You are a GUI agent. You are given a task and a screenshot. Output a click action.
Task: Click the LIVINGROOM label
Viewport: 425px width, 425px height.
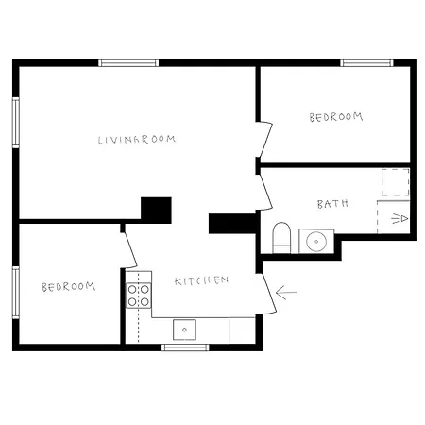click(x=137, y=140)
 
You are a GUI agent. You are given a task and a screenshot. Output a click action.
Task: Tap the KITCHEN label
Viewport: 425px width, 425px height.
click(x=201, y=280)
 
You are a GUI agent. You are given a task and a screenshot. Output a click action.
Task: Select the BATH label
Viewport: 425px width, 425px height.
click(x=332, y=204)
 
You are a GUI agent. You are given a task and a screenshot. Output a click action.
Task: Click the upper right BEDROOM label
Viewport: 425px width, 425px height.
click(x=336, y=117)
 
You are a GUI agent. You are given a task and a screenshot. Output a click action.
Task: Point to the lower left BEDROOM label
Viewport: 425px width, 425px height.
click(x=69, y=287)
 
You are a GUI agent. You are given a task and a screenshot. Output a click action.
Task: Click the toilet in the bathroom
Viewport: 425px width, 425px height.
click(x=281, y=238)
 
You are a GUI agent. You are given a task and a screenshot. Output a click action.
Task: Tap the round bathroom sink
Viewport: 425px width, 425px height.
click(x=316, y=241)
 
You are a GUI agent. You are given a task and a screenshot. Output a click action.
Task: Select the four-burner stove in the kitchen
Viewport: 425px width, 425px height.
click(x=139, y=296)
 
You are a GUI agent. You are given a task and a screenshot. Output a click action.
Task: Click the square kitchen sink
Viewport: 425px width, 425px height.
click(x=184, y=330)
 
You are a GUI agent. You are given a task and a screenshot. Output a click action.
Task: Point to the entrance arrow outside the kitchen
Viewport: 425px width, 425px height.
click(x=286, y=293)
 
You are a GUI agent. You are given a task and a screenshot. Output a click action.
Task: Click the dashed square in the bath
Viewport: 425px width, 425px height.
click(x=396, y=182)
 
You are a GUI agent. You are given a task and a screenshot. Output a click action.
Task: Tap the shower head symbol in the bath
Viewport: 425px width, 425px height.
click(x=399, y=218)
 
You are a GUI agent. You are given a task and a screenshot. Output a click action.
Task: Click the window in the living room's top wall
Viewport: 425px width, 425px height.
click(x=128, y=63)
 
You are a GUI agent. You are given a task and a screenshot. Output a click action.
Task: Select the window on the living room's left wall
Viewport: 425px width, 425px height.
click(x=16, y=123)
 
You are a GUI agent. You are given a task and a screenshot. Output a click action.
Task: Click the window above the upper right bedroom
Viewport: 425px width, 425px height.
click(x=366, y=63)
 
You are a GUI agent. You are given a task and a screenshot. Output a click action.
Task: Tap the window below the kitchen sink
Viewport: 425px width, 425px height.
click(x=185, y=348)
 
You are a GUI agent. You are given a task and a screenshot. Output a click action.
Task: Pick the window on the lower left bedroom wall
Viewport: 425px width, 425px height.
click(x=16, y=293)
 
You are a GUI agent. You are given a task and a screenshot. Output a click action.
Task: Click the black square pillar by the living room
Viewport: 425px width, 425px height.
click(x=156, y=211)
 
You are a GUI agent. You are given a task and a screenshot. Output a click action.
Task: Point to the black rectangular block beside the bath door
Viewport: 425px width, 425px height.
click(x=232, y=224)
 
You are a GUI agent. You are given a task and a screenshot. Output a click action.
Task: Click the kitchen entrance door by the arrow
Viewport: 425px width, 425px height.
click(x=268, y=294)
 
